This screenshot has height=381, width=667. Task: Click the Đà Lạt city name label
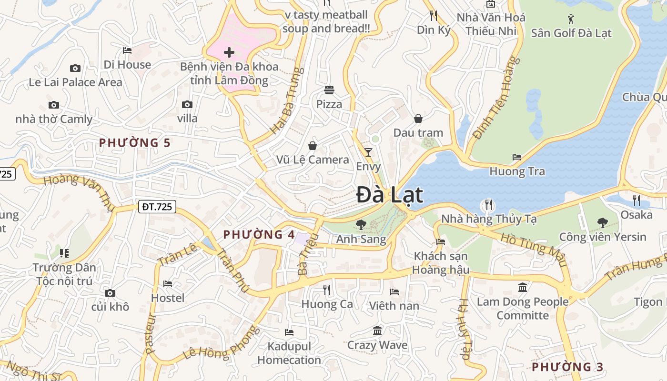(390, 195)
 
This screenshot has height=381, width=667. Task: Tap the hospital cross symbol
(229, 52)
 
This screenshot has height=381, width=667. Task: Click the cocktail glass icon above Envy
(368, 152)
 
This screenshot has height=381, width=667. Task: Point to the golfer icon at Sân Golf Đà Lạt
(571, 19)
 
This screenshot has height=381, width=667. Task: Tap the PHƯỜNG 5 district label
(135, 142)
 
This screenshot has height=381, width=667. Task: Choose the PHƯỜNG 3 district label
(567, 367)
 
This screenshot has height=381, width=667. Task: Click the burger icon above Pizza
(329, 90)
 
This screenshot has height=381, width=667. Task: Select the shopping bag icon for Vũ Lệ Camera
(313, 146)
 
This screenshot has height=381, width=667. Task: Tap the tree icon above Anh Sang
(361, 225)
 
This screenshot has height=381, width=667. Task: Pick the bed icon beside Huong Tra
(517, 157)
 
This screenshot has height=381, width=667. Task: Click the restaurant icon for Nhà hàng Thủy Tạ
(489, 205)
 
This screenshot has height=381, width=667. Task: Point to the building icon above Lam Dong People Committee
(523, 287)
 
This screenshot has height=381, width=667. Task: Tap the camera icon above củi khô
(110, 293)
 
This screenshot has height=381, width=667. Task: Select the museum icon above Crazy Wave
(377, 331)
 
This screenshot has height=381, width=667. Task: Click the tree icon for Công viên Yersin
(603, 222)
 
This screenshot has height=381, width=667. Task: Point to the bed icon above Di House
(127, 50)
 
